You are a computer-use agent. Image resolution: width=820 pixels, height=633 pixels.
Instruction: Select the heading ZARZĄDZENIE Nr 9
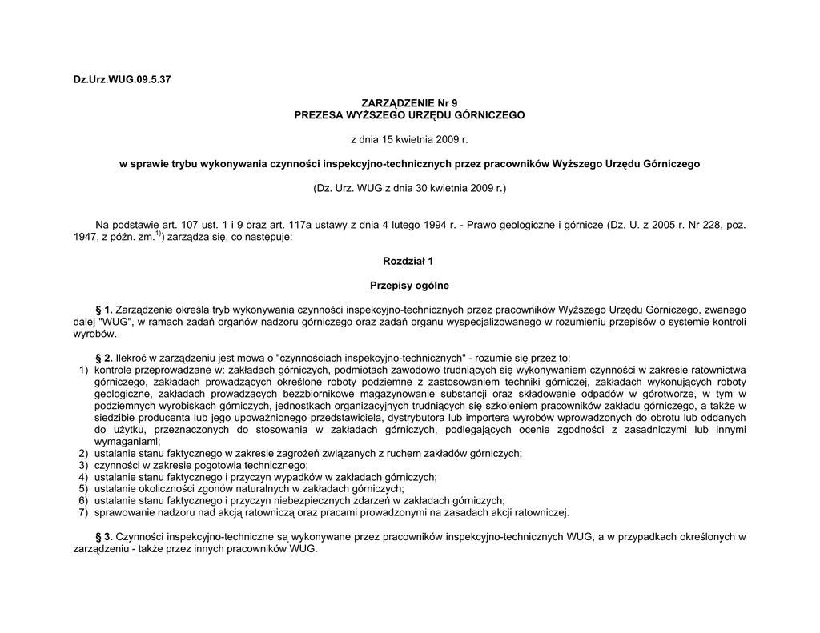409,104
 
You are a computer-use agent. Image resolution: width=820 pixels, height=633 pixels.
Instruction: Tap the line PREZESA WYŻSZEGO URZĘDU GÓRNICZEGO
409,115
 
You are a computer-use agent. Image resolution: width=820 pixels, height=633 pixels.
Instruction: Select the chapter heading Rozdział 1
409,261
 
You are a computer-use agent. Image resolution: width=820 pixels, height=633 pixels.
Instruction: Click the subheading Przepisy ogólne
409,285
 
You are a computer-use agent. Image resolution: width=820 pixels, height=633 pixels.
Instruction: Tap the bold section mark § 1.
104,309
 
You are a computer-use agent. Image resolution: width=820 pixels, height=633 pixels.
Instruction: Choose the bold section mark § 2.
104,358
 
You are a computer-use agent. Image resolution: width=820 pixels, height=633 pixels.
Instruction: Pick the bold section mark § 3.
104,536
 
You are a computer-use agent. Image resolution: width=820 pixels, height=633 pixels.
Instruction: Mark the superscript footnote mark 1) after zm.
159,234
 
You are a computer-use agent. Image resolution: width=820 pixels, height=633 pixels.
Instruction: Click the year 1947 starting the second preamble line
84,238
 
